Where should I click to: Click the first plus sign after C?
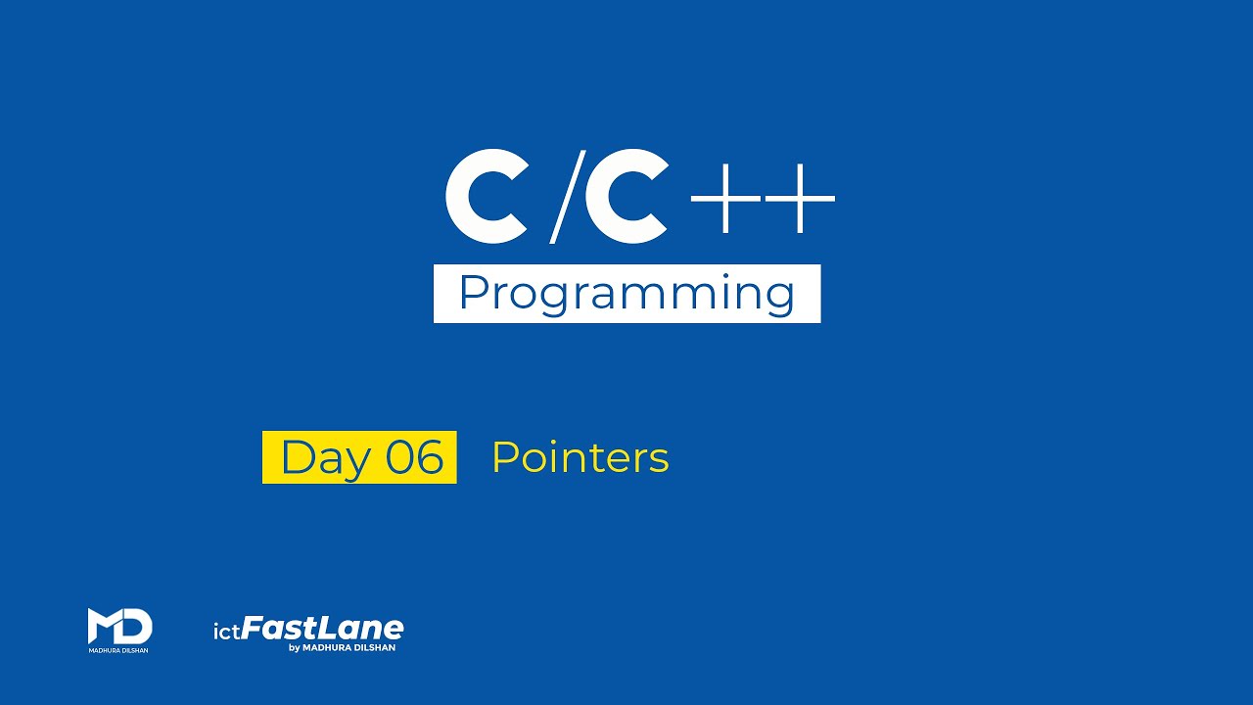(725, 198)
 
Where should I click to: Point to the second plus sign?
(800, 198)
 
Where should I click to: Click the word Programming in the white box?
(626, 295)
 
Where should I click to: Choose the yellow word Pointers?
(580, 457)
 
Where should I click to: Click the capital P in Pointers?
(505, 457)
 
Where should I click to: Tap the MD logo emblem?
(119, 626)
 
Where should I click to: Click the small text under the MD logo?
(118, 651)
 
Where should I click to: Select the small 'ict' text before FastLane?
(226, 633)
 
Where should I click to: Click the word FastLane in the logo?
(323, 629)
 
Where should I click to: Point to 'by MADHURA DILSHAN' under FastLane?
(342, 648)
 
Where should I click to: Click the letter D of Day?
(298, 456)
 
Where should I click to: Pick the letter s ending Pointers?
(659, 460)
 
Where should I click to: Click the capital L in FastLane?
(329, 628)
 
